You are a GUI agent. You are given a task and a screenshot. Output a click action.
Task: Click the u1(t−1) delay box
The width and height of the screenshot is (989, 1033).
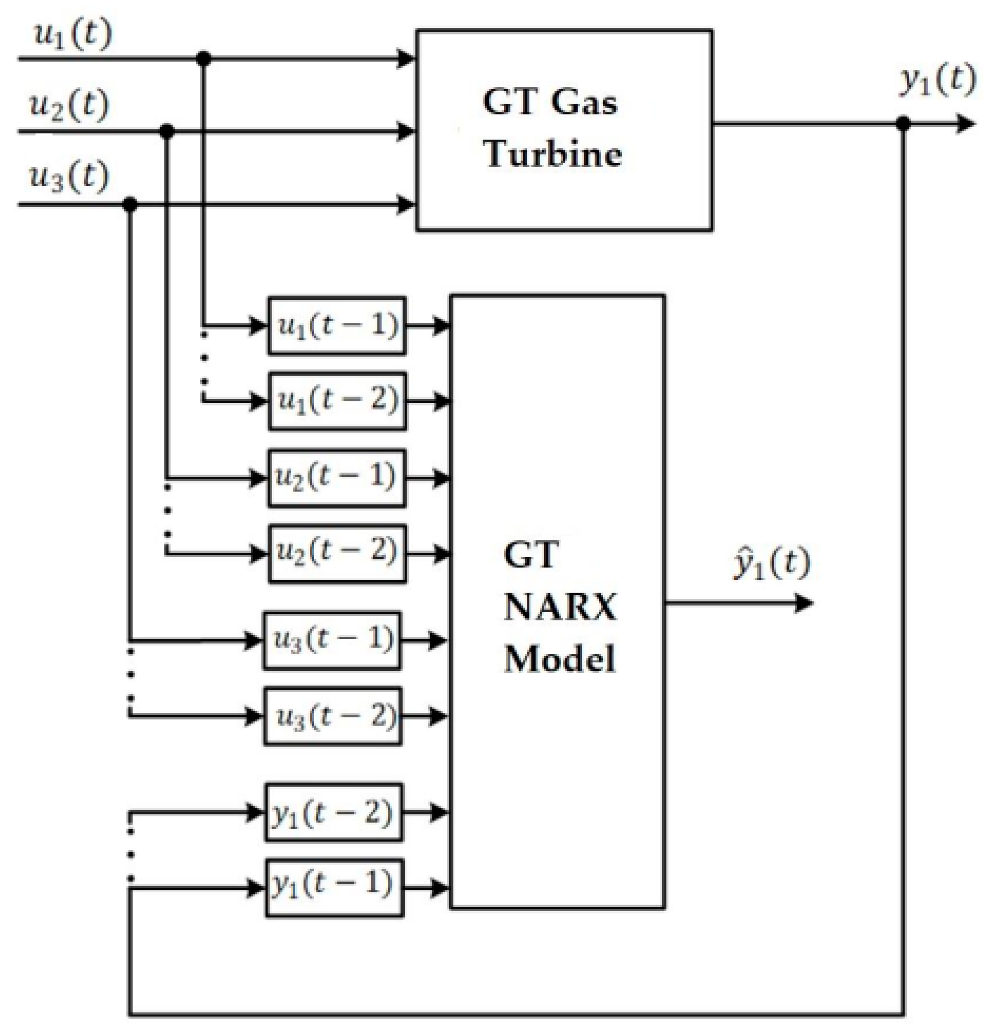click(x=337, y=326)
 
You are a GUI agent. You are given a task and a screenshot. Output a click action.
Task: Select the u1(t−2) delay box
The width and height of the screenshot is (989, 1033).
click(x=337, y=401)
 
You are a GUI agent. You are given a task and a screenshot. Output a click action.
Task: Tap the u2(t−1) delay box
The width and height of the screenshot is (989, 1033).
click(x=337, y=478)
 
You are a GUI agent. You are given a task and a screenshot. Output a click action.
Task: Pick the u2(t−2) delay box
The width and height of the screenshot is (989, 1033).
click(x=337, y=553)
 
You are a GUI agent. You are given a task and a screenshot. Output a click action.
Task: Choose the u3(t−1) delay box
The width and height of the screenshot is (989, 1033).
click(x=332, y=640)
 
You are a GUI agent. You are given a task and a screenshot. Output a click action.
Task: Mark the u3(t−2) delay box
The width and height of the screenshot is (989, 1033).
click(x=333, y=716)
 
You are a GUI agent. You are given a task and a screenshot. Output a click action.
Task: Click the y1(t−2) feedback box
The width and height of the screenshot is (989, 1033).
click(x=333, y=812)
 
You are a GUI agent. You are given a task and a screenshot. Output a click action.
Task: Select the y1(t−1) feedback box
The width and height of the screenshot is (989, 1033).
click(x=334, y=888)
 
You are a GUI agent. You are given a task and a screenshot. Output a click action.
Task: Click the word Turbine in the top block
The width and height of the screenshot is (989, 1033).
click(x=553, y=154)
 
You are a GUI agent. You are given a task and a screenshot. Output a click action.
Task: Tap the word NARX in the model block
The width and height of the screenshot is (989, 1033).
click(x=559, y=607)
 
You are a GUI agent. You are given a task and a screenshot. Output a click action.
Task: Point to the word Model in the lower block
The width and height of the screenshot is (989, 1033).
click(x=559, y=659)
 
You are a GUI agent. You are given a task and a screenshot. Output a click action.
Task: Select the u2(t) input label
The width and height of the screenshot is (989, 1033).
click(x=69, y=105)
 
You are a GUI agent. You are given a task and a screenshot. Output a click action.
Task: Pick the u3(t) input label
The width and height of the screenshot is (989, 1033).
click(x=69, y=176)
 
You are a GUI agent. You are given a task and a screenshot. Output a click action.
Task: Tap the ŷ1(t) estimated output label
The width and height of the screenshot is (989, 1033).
click(x=772, y=564)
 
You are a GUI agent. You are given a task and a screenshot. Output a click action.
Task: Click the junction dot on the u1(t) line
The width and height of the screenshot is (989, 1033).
click(x=204, y=58)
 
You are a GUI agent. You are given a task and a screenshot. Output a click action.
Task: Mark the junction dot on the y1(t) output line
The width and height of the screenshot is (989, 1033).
click(x=904, y=124)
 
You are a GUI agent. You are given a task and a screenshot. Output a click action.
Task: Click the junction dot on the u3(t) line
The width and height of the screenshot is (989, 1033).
click(x=130, y=204)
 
